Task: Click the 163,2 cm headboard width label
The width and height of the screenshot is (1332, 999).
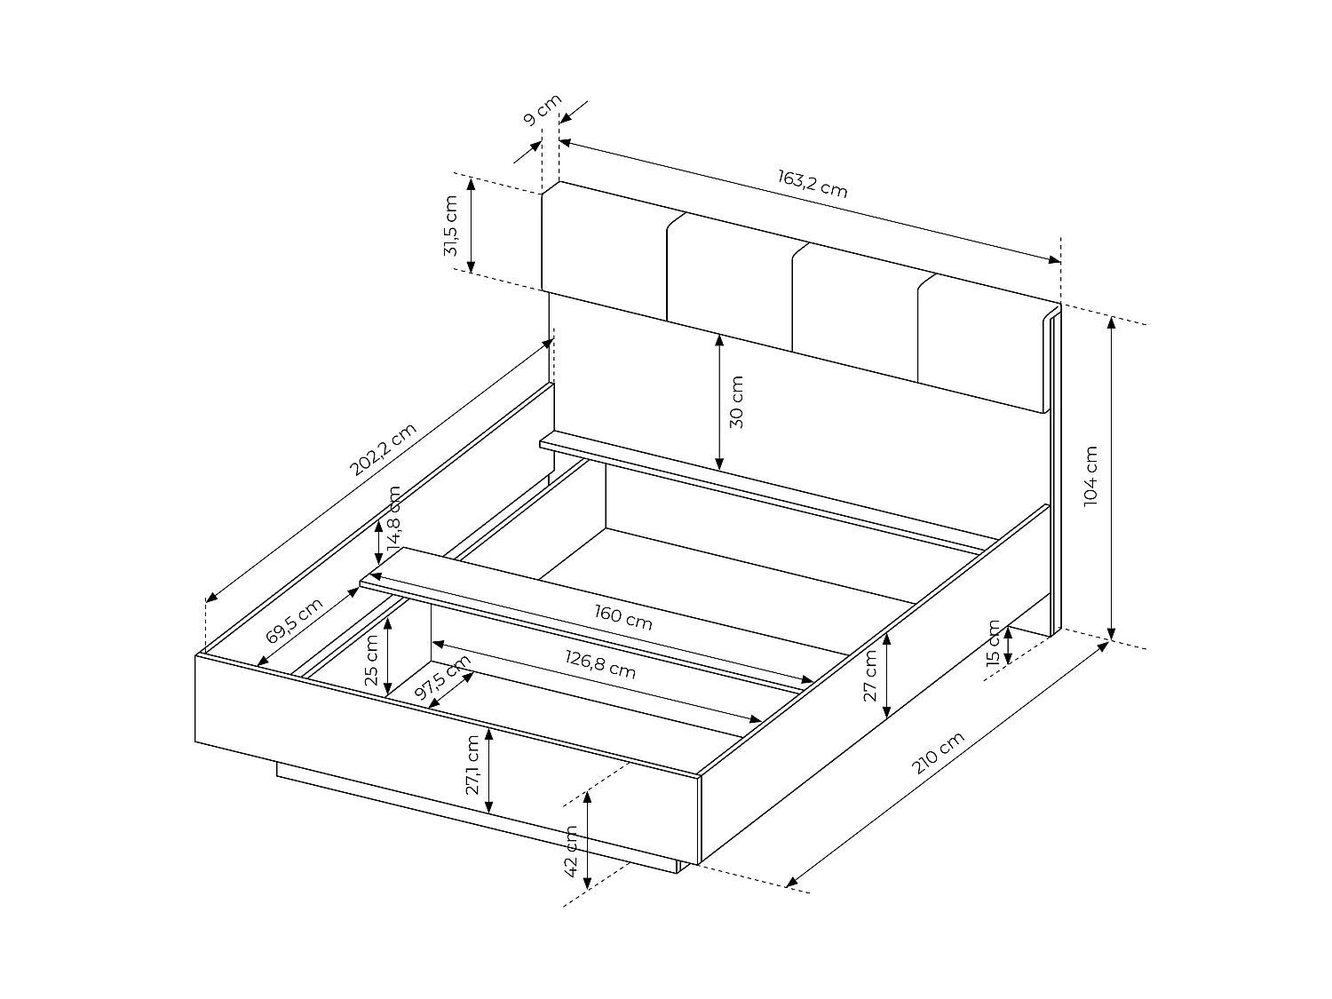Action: click(813, 184)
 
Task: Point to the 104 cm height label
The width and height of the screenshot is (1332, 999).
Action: click(1091, 476)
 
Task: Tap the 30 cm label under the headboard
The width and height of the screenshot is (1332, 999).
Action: click(736, 402)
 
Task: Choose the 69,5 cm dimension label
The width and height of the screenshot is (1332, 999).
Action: click(294, 621)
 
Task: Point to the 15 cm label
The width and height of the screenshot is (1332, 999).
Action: click(993, 641)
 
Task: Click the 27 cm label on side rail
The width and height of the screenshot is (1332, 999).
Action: click(870, 676)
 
